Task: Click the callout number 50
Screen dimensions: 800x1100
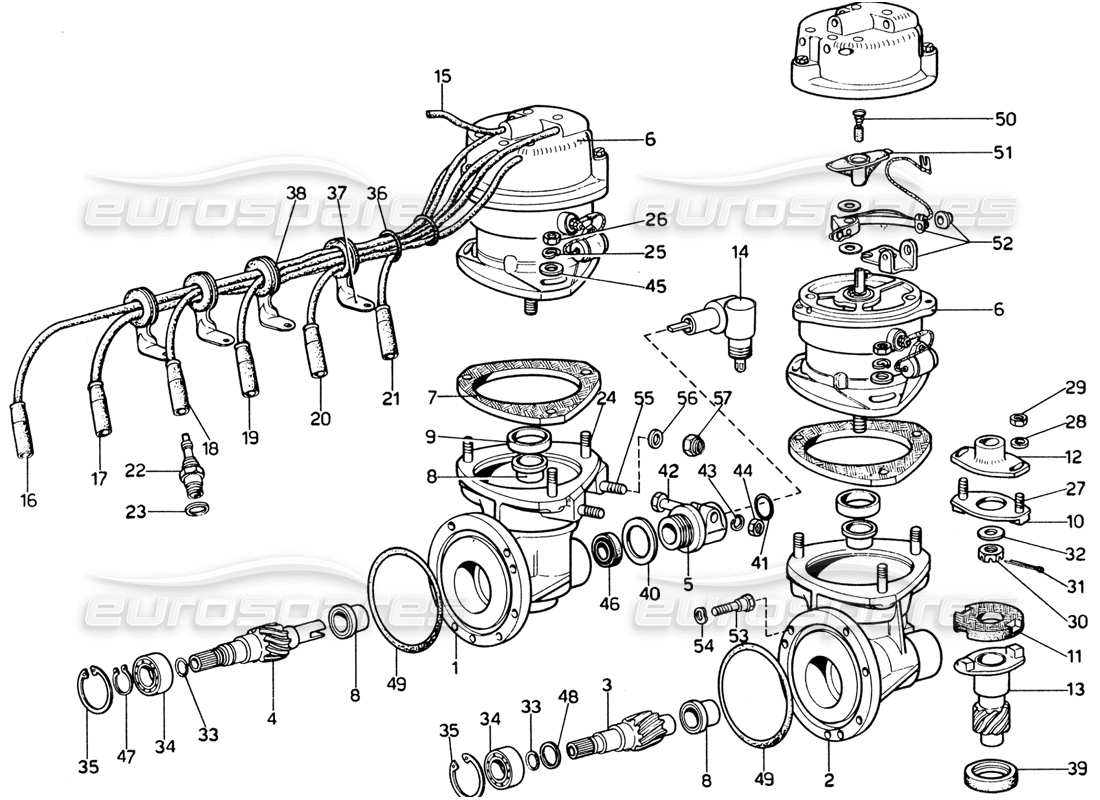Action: tap(1005, 119)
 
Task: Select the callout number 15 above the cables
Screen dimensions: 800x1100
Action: tap(443, 75)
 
